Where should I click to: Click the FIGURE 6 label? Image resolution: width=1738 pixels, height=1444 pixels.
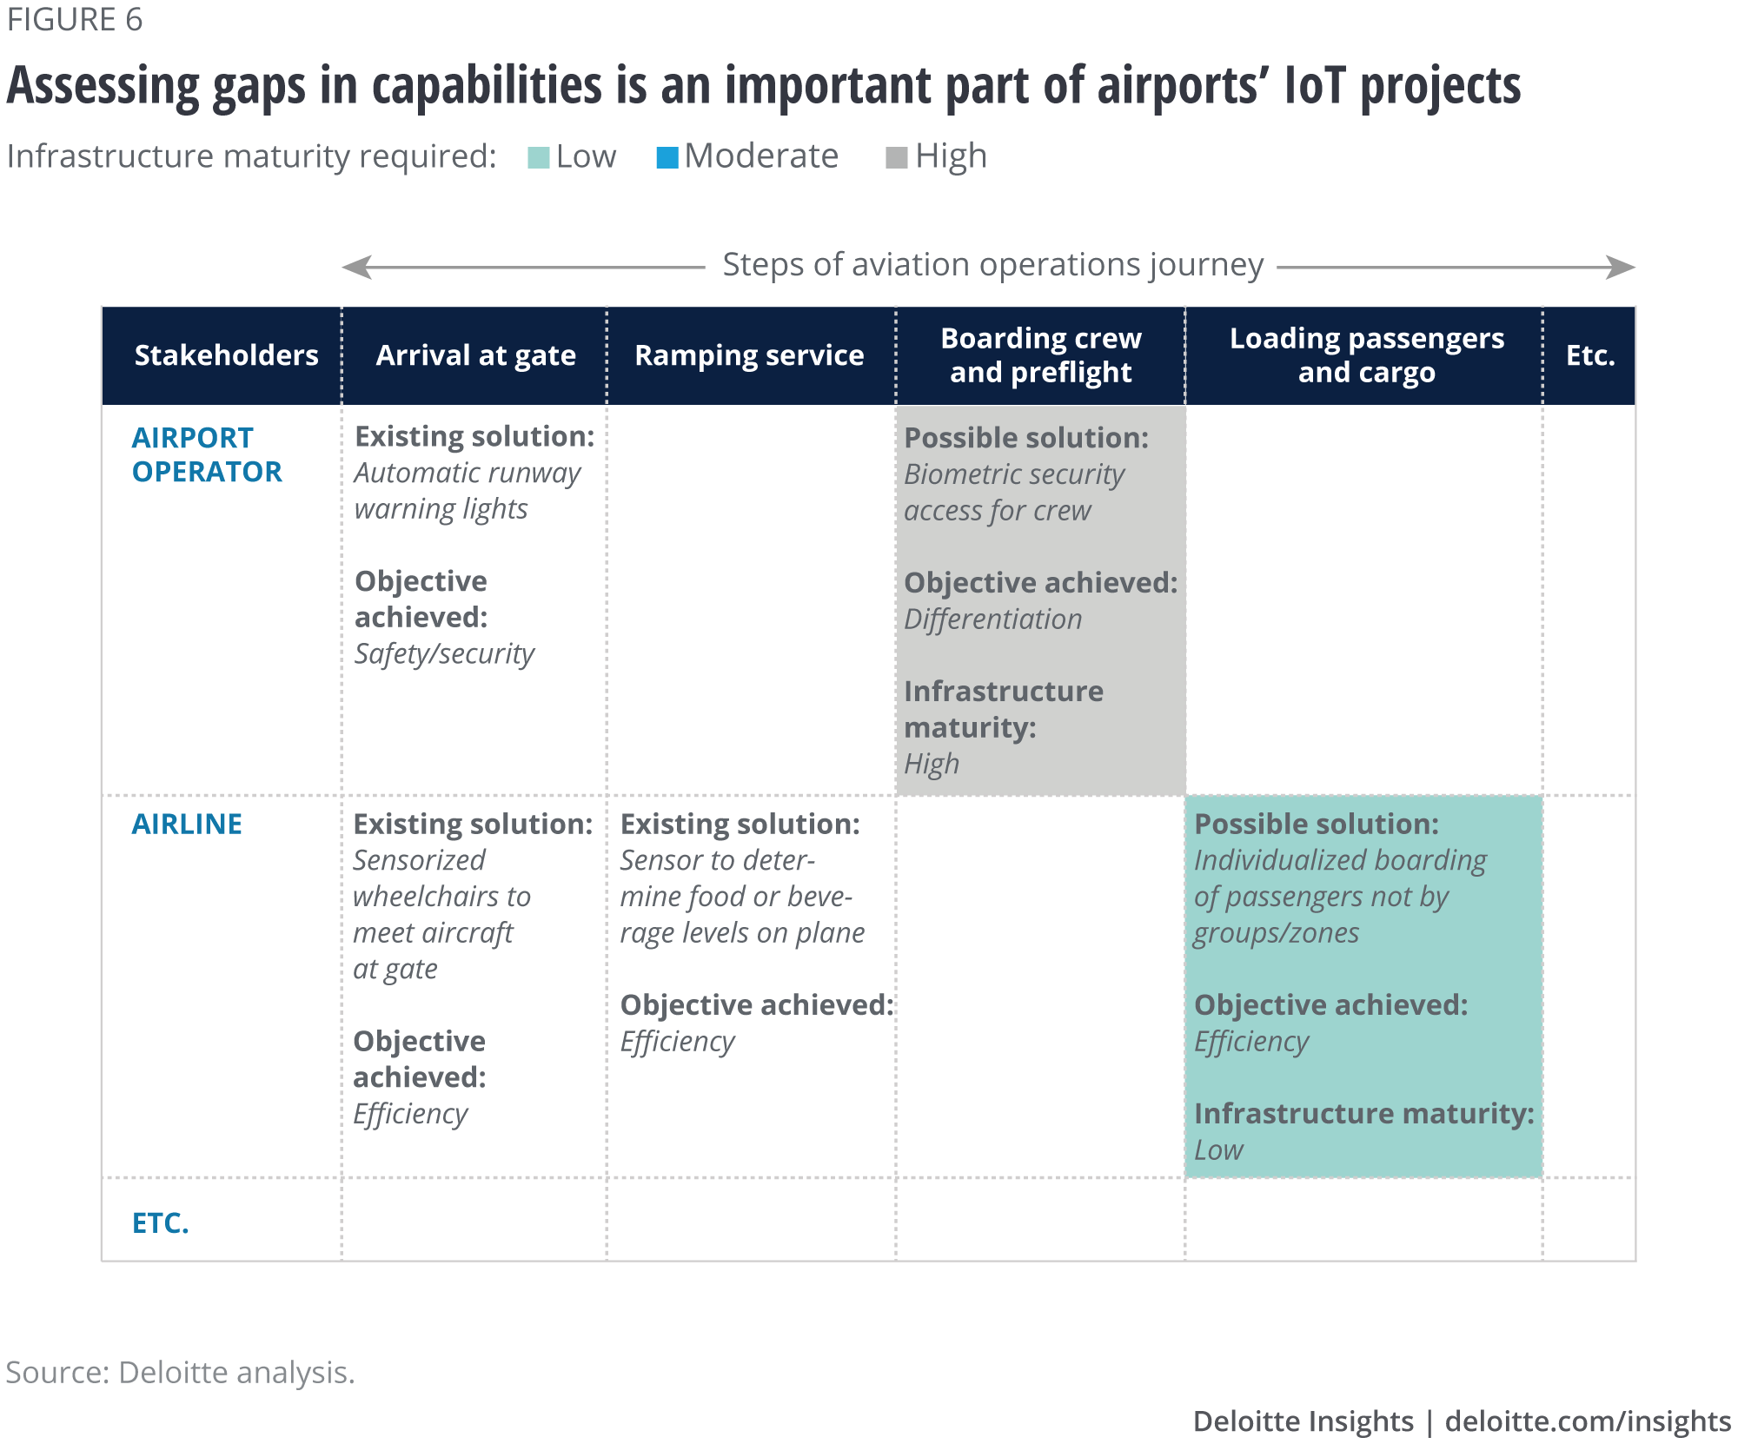(x=75, y=20)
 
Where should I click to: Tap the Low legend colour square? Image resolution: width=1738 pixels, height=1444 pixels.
(x=539, y=158)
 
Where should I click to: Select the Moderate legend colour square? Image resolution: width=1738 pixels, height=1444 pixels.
(x=667, y=158)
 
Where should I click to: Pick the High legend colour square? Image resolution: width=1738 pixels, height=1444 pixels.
(x=897, y=158)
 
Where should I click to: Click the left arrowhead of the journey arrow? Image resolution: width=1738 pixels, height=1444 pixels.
(x=357, y=267)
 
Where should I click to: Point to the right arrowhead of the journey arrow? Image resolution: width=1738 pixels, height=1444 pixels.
(x=1621, y=267)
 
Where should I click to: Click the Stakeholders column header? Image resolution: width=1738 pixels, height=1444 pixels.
(x=226, y=355)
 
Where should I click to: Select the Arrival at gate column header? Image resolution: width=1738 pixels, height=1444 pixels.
(x=475, y=355)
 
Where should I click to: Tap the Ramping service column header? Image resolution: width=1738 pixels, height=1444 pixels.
(x=749, y=355)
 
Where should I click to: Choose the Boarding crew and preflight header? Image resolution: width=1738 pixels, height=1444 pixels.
(x=1040, y=355)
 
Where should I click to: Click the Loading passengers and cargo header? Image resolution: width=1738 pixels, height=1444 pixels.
(x=1366, y=355)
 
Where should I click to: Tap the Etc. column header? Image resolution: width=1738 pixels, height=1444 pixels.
(x=1589, y=355)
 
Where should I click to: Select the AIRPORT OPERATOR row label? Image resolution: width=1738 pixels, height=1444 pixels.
(x=207, y=454)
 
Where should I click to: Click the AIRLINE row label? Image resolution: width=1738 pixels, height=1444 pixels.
(x=187, y=824)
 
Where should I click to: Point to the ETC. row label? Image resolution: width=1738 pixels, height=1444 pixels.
(x=161, y=1222)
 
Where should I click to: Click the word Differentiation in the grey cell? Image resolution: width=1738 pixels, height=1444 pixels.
(x=992, y=619)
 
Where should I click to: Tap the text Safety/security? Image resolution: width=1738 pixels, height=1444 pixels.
(x=444, y=653)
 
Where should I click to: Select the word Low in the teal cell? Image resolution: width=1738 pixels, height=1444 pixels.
(x=1218, y=1150)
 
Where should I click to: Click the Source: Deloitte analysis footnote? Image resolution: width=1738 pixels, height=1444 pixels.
(x=181, y=1372)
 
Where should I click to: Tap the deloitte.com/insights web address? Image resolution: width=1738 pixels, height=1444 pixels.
(x=1588, y=1421)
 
